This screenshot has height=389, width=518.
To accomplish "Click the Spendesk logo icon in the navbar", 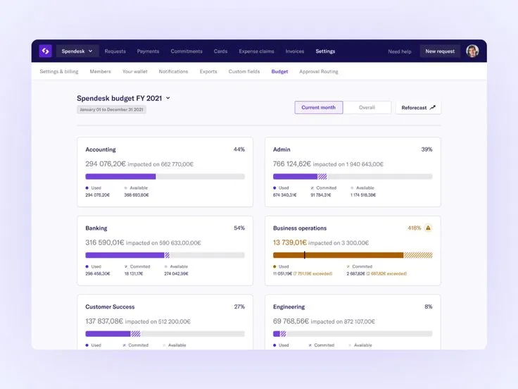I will pos(45,51).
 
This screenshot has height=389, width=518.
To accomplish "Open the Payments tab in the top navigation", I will pos(148,51).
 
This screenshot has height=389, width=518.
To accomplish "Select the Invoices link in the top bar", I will pos(295,51).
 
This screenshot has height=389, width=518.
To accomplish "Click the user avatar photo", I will pos(472,51).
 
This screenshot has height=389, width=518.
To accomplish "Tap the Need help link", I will pos(400,51).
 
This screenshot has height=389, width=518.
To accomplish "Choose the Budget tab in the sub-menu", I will pos(279,72).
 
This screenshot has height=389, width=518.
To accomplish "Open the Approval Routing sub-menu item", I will pos(319,72).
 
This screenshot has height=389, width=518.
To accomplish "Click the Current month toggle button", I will pos(319,108).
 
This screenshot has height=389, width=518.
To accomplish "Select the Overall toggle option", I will pos(367,108).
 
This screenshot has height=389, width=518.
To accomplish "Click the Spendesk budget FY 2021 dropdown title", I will pos(123,98).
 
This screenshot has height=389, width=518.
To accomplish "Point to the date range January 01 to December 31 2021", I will pos(111,110).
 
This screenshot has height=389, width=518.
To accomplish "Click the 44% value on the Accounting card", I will pos(239,149).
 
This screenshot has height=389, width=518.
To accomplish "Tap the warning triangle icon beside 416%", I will pos(428,228).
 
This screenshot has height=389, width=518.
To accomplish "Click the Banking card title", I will pos(96,228).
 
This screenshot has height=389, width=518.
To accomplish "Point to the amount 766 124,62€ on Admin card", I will pos(292,164).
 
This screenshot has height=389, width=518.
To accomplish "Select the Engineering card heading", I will pos(289,307).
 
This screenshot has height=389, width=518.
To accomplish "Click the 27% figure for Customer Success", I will pos(239,307).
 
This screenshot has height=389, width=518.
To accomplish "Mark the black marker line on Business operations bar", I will pos(305,255).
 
